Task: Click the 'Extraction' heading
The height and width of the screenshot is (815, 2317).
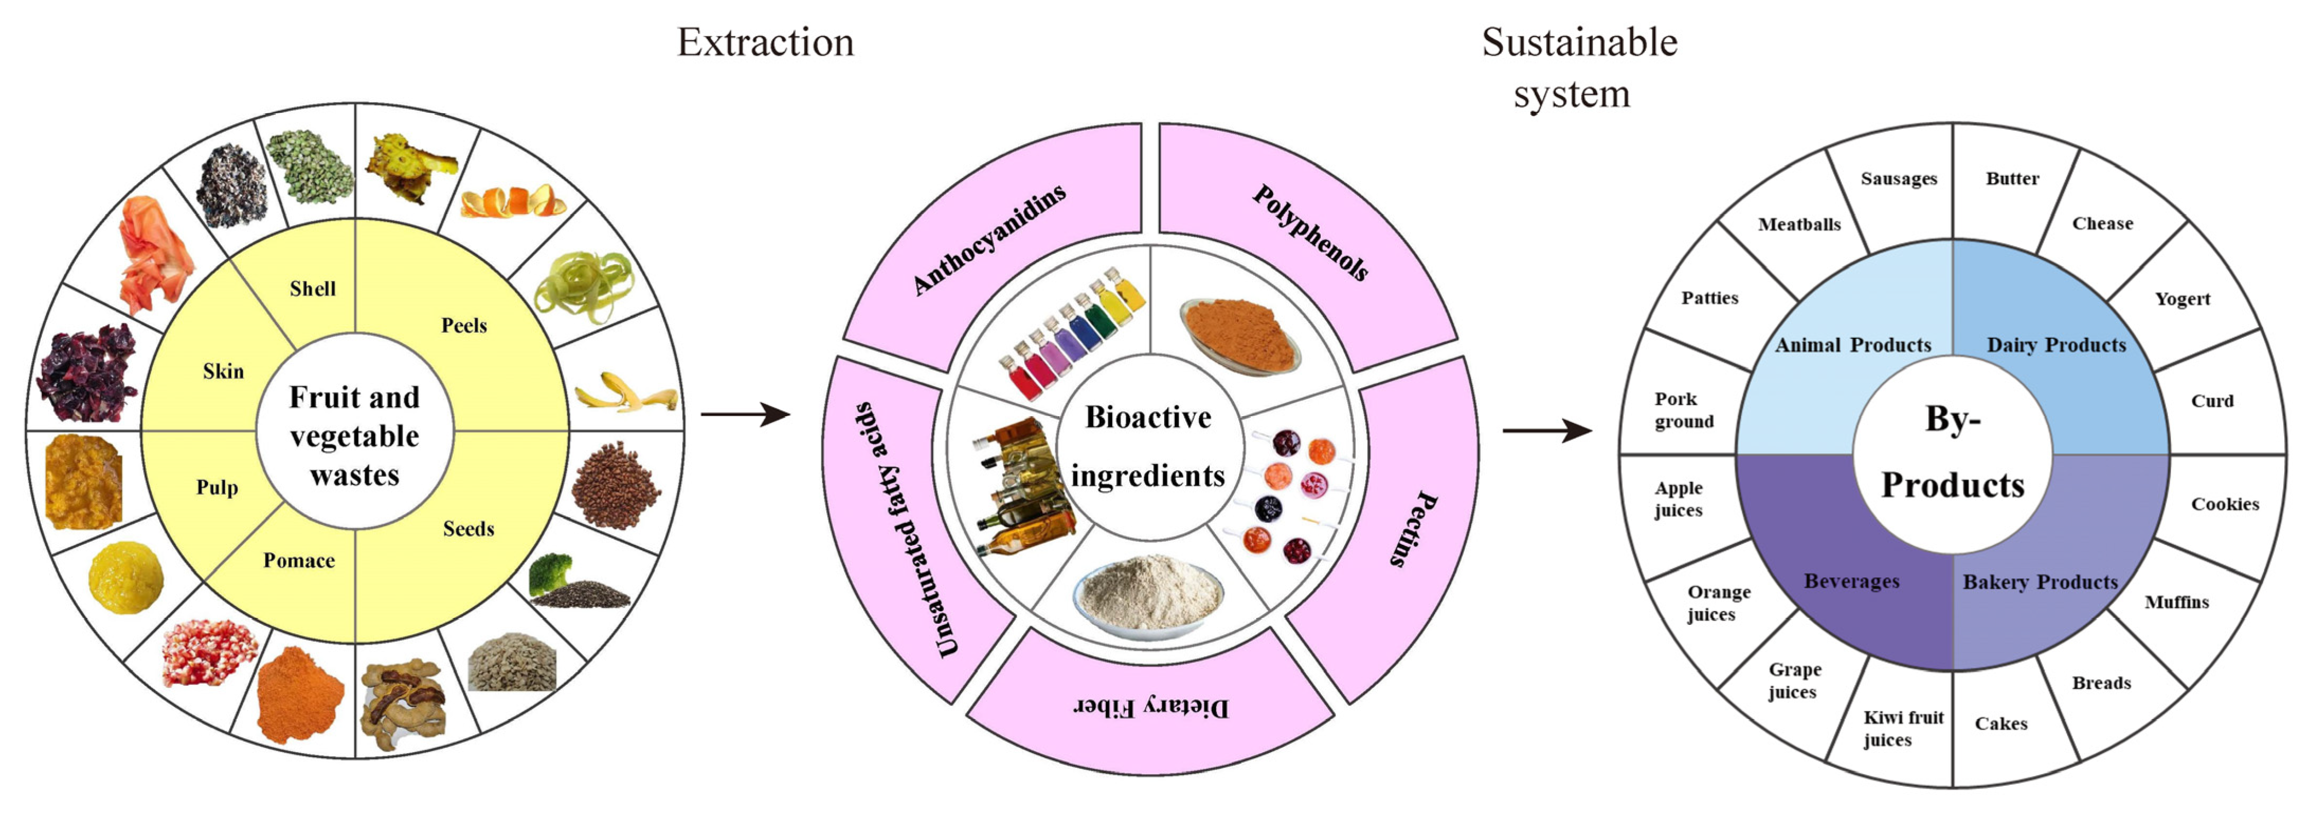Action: click(765, 42)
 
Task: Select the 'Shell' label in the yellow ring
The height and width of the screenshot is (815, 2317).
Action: click(312, 289)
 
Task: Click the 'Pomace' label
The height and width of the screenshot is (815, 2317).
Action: click(299, 560)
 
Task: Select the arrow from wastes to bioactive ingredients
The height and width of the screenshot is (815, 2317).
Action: click(745, 415)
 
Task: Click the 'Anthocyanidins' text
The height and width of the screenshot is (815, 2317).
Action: click(989, 238)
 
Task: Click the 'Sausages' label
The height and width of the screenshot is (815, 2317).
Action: click(1898, 178)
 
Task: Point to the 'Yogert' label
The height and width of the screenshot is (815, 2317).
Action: click(2181, 299)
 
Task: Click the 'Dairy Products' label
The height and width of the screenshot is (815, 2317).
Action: click(2055, 345)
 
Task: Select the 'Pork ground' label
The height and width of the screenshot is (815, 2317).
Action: click(1683, 410)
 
